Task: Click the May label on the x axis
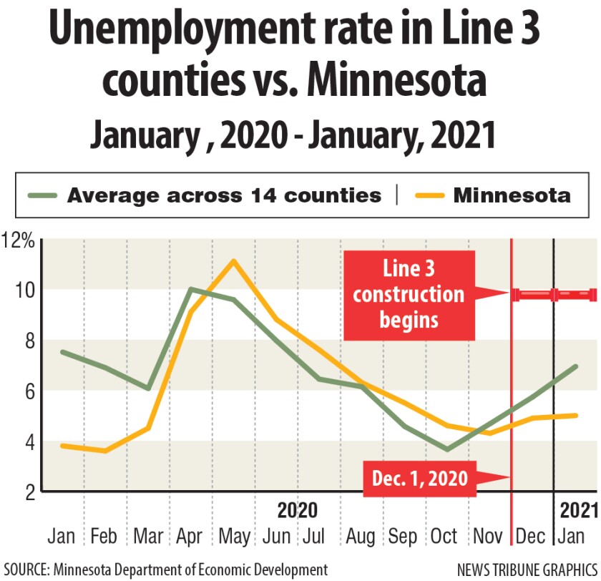tap(234, 537)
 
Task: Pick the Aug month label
tap(359, 537)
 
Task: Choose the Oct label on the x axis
tap(444, 537)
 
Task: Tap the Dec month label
tap(531, 537)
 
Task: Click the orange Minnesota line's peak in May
tap(233, 260)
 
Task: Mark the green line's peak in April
tap(190, 289)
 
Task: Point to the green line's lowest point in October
tap(447, 449)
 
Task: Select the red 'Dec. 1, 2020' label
tap(420, 477)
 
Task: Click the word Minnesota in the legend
tap(512, 195)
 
